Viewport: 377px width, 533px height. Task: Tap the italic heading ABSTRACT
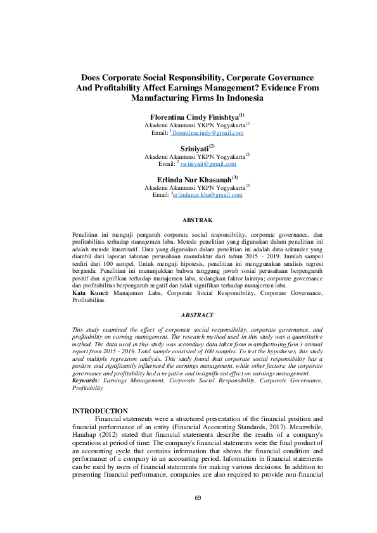(x=197, y=315)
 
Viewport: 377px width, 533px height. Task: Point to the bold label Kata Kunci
(x=90, y=293)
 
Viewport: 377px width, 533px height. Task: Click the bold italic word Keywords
(x=87, y=380)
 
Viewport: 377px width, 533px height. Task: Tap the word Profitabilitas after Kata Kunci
(x=89, y=301)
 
